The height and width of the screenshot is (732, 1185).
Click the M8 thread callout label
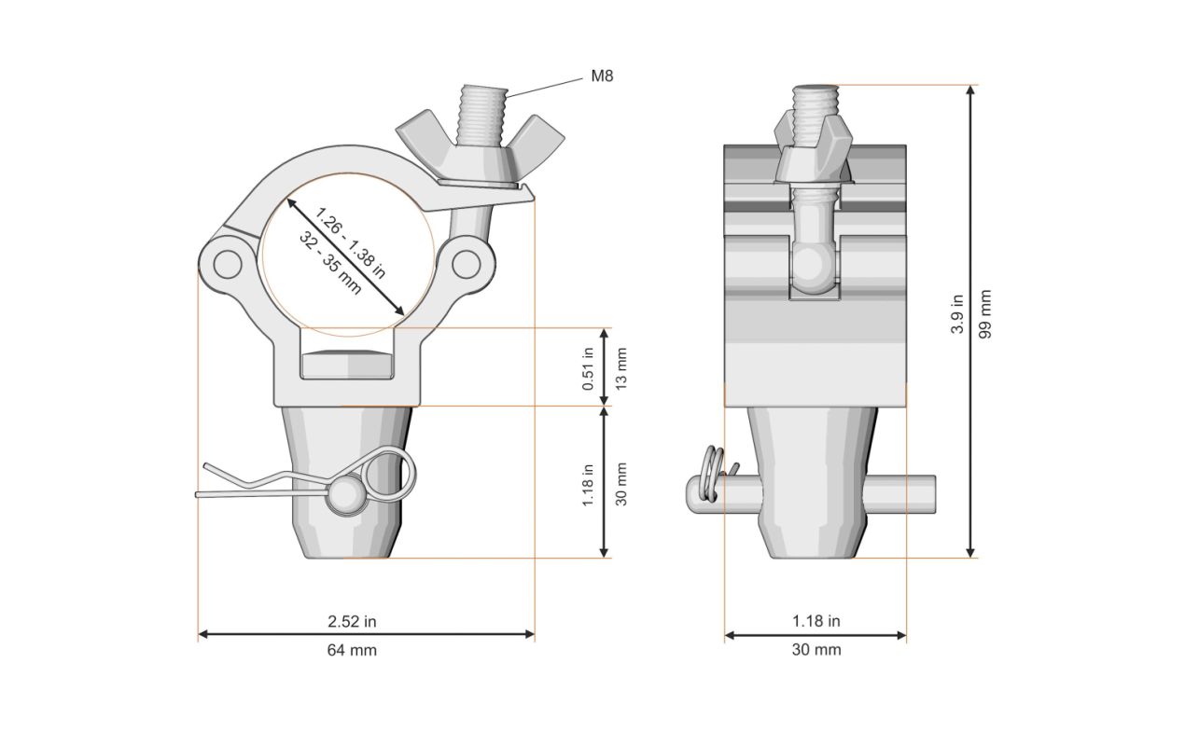(602, 76)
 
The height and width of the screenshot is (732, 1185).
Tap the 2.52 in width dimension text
(352, 622)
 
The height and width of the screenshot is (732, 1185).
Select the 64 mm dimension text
(352, 650)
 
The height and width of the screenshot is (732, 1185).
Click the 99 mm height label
(984, 314)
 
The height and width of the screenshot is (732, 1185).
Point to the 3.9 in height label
(957, 314)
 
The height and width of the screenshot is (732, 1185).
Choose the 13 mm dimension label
(621, 368)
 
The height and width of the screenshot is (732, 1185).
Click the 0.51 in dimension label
(588, 368)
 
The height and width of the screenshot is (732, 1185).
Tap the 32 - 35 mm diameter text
(330, 263)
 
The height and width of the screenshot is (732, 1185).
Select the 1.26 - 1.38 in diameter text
(350, 242)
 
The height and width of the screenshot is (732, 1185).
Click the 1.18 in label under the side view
(816, 621)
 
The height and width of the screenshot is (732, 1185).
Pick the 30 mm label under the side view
(816, 650)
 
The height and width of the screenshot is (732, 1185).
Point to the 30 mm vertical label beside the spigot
(621, 484)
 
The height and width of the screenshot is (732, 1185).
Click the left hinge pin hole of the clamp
(228, 264)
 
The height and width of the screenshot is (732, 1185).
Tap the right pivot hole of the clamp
(466, 264)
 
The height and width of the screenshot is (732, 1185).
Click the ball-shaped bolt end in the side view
(814, 269)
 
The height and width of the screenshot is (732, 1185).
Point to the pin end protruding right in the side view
(899, 490)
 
